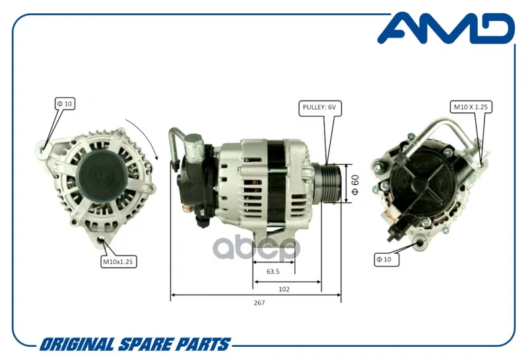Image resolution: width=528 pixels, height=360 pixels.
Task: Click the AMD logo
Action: (446, 28)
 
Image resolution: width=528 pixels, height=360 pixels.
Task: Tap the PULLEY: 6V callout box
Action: (320, 108)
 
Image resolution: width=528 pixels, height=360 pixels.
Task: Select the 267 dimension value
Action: (259, 303)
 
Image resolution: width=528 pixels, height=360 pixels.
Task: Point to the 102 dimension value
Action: (284, 289)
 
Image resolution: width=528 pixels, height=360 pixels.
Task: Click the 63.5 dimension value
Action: (273, 271)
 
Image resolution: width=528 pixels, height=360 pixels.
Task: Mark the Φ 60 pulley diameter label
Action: (355, 184)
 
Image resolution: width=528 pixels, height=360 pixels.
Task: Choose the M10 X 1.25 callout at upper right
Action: (471, 107)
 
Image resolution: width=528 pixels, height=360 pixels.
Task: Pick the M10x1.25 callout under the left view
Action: (118, 262)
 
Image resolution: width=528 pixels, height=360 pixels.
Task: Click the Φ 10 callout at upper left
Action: (65, 104)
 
